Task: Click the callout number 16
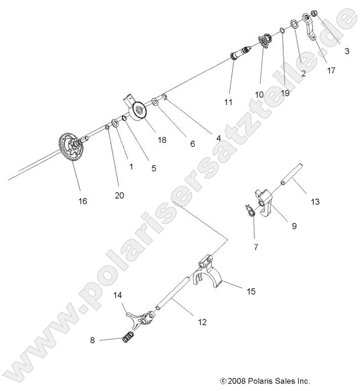[82, 201]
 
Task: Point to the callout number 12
[202, 322]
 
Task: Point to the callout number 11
[228, 102]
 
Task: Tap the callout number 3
[347, 51]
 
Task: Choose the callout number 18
[162, 140]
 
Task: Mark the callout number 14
[118, 294]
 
